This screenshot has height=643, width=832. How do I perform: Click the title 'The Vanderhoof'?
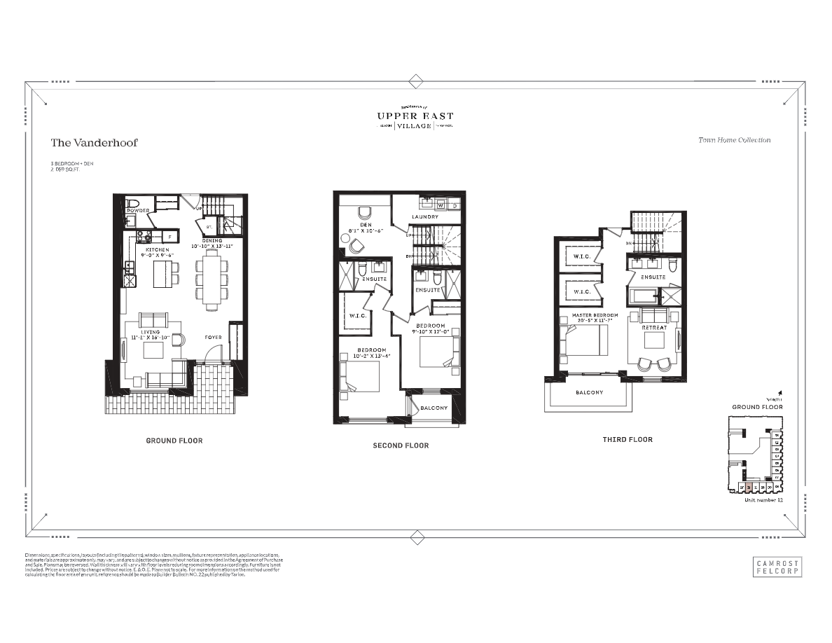(94, 143)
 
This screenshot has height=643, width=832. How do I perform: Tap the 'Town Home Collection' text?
(734, 140)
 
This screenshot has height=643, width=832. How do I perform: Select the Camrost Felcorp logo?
(777, 566)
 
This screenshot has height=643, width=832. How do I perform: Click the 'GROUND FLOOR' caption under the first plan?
(174, 441)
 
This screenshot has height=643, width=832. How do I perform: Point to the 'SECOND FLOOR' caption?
(401, 445)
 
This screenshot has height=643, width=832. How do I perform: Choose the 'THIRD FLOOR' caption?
(628, 440)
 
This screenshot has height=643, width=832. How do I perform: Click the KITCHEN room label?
(157, 249)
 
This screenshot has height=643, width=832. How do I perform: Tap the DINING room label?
(212, 241)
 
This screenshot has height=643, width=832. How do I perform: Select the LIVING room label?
(151, 332)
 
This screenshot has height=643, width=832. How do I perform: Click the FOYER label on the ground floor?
(214, 338)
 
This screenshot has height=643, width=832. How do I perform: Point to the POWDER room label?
(137, 209)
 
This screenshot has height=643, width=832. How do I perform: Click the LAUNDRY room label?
(425, 217)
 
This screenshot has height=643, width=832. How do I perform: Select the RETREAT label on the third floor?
(653, 328)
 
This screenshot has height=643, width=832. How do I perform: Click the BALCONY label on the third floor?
(589, 392)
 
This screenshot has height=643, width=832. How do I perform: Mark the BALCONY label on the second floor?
(434, 408)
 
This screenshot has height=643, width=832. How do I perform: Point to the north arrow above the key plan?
(779, 394)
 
